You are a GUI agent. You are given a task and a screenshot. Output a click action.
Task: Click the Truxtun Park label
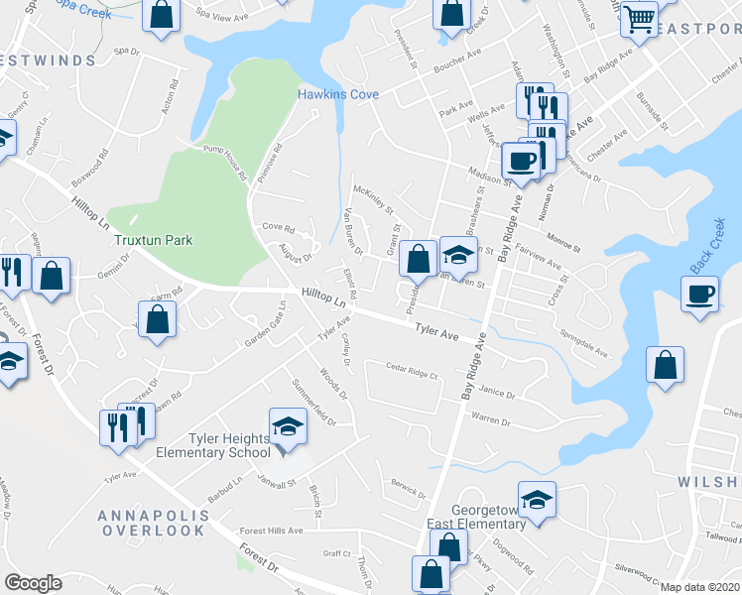pyautogui.click(x=152, y=240)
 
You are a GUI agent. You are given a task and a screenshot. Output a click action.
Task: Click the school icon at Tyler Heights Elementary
pyautogui.click(x=289, y=427)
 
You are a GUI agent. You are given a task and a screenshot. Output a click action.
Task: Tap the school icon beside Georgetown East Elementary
pyautogui.click(x=537, y=500)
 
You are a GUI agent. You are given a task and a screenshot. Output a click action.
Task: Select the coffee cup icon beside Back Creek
pyautogui.click(x=700, y=295)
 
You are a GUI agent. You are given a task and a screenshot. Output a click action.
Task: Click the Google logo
pyautogui.click(x=33, y=583)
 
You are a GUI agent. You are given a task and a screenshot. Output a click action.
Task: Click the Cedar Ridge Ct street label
pyautogui.click(x=412, y=373)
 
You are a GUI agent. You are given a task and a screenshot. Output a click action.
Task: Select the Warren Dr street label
pyautogui.click(x=490, y=420)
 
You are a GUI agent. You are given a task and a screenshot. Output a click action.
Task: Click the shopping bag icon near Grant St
pyautogui.click(x=420, y=260)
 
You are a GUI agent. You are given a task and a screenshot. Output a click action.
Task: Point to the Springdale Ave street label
pyautogui.click(x=584, y=343)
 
